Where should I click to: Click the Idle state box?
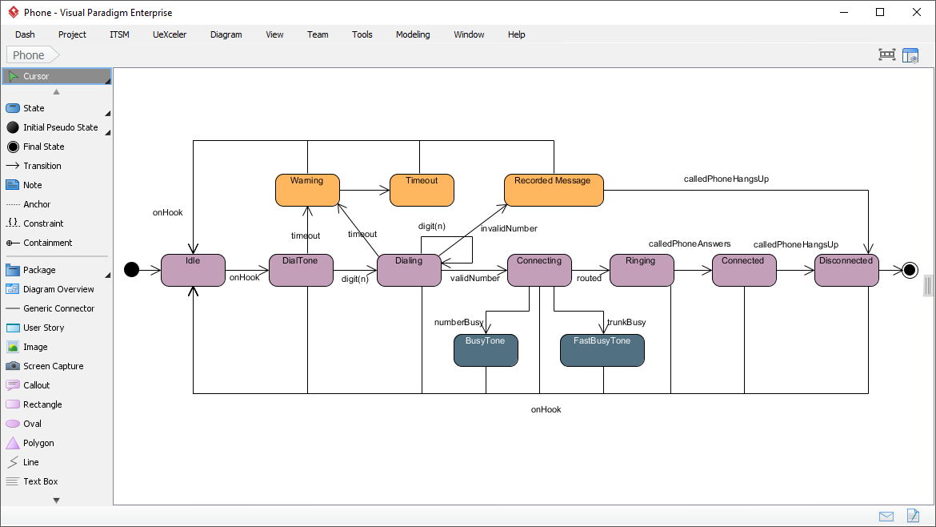(x=193, y=271)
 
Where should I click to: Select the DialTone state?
(x=301, y=271)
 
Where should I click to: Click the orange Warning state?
(x=307, y=191)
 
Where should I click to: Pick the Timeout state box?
(x=422, y=191)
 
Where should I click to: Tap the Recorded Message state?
(x=553, y=191)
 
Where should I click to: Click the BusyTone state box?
(x=486, y=351)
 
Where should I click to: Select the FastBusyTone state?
(x=602, y=351)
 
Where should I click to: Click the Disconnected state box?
(x=846, y=271)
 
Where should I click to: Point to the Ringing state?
(x=642, y=271)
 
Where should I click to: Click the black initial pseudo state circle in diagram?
(x=132, y=270)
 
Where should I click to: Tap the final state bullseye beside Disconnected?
(x=910, y=270)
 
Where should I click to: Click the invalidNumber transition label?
(x=509, y=229)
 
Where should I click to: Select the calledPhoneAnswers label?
(x=690, y=244)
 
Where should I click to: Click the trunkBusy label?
(x=626, y=322)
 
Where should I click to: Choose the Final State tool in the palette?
(x=43, y=147)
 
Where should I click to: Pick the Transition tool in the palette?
(x=42, y=166)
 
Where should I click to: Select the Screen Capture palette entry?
(x=53, y=366)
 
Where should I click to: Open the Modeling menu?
(x=413, y=34)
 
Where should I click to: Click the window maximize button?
(x=880, y=12)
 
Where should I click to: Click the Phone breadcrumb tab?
(x=29, y=55)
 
